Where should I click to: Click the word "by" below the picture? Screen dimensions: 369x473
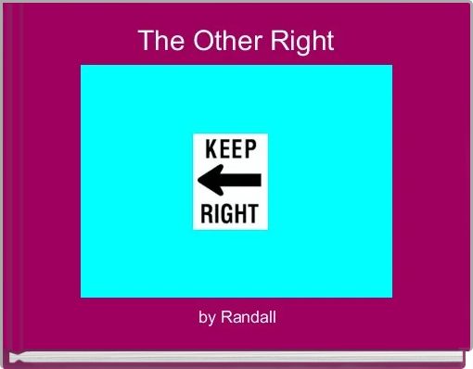point(207,318)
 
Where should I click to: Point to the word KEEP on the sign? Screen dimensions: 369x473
point(231,151)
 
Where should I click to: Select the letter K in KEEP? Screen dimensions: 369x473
point(210,151)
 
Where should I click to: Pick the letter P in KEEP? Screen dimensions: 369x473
point(253,151)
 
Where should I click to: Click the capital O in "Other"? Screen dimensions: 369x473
point(199,42)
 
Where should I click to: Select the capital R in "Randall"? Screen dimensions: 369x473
point(225,318)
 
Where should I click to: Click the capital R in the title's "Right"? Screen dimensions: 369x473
point(279,42)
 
